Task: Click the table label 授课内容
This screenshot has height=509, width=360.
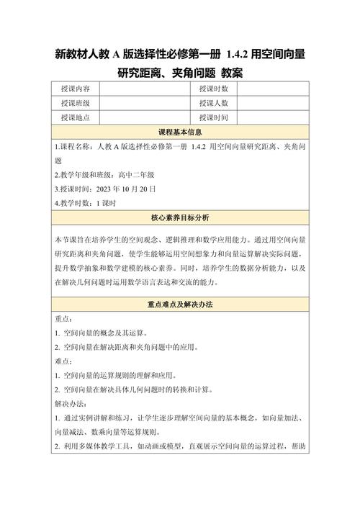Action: (x=76, y=89)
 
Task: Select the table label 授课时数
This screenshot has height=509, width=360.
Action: (x=214, y=89)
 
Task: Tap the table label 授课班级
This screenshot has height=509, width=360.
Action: (x=76, y=103)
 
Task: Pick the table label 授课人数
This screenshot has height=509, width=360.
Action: (x=214, y=103)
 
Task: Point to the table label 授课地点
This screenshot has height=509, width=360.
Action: (x=76, y=117)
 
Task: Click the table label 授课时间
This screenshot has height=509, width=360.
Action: (x=214, y=117)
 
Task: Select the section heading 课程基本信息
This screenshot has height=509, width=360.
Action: (x=179, y=132)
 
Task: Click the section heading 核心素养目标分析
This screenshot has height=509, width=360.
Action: (x=179, y=217)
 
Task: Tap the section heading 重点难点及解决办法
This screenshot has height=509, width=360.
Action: (x=179, y=305)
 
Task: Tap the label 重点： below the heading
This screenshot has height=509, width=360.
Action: (x=63, y=319)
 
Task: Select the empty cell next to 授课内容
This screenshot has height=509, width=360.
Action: (x=144, y=89)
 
